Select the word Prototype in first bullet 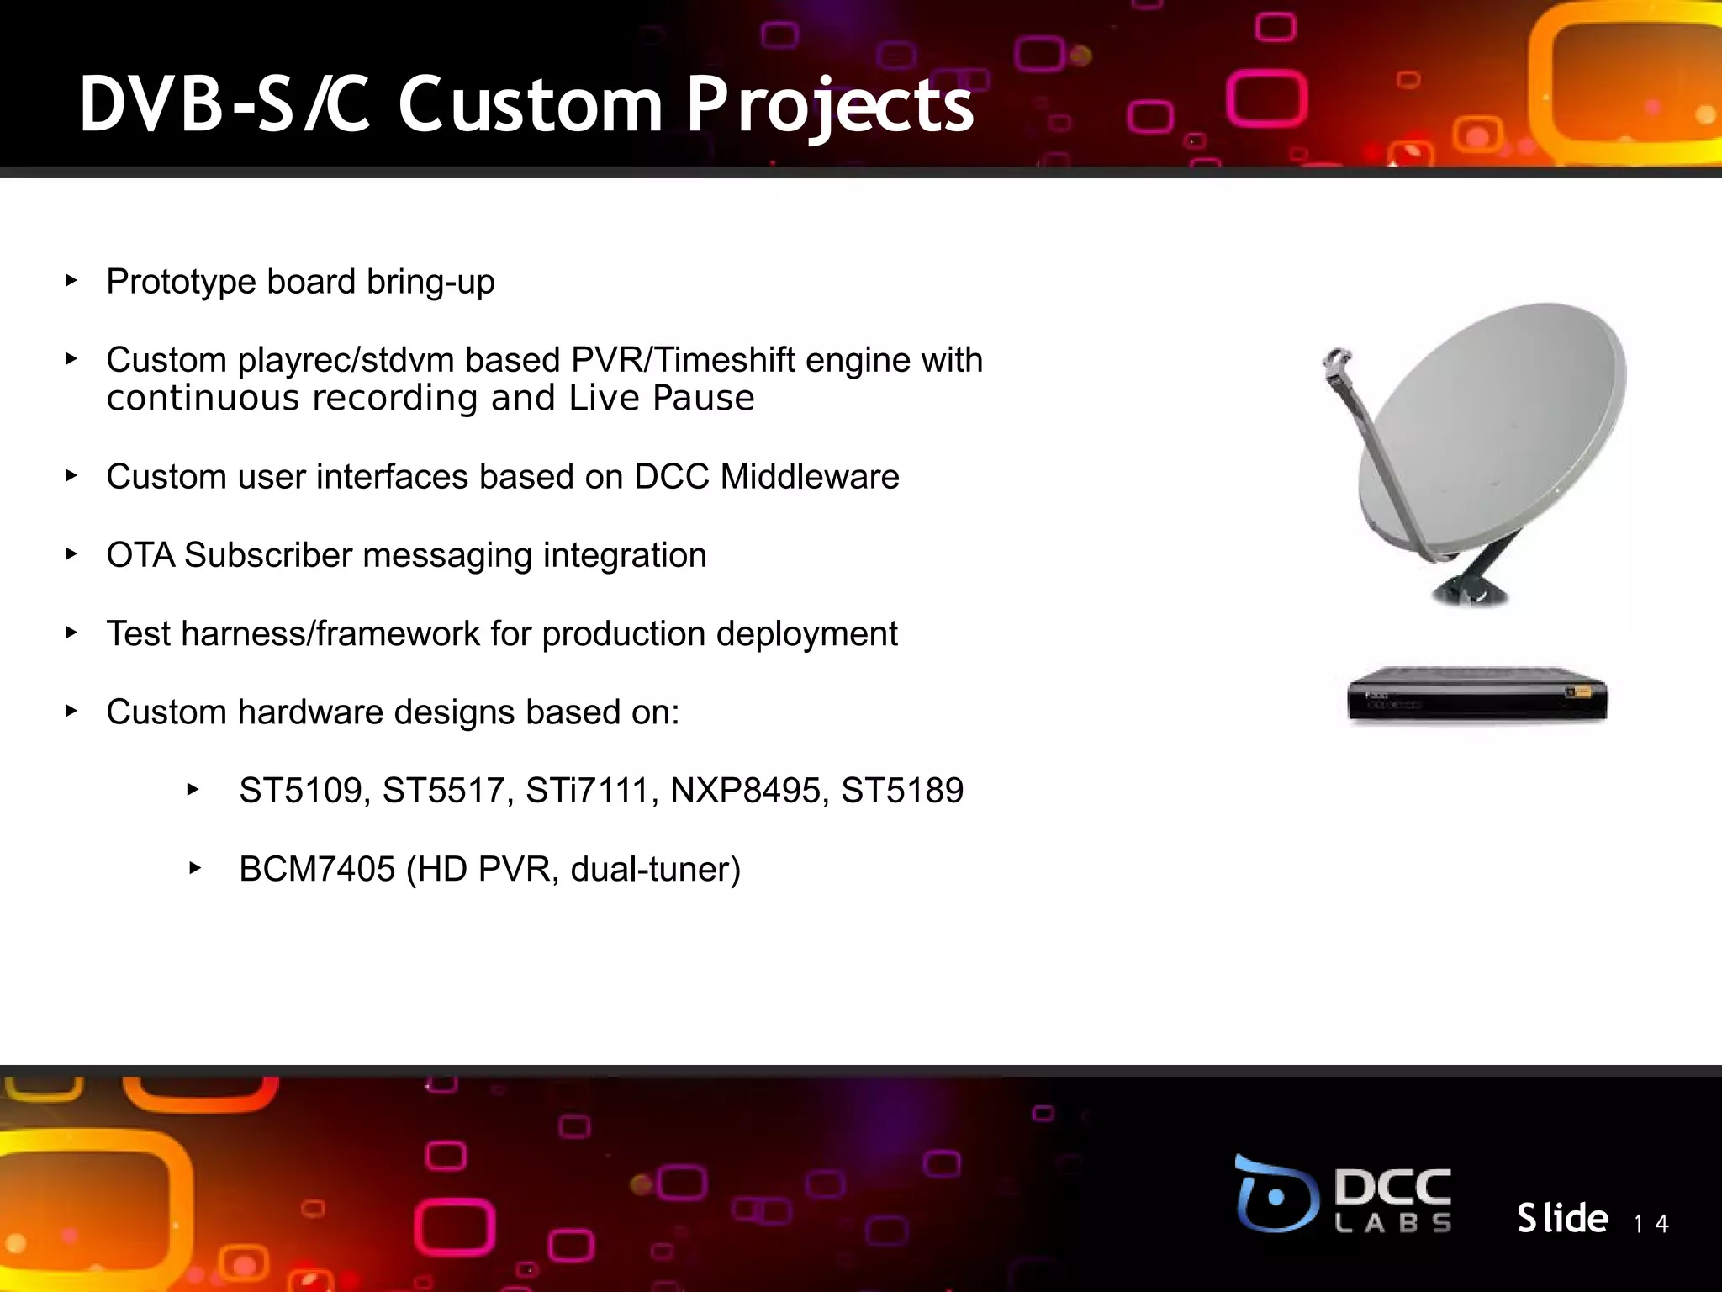pyautogui.click(x=180, y=283)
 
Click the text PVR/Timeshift pyautogui.click(x=683, y=360)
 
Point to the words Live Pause pyautogui.click(x=662, y=398)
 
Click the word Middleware pyautogui.click(x=810, y=477)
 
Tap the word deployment pyautogui.click(x=806, y=634)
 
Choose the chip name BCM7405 pyautogui.click(x=317, y=869)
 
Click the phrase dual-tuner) pyautogui.click(x=656, y=869)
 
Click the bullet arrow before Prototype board pyautogui.click(x=71, y=280)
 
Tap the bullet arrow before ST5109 pyautogui.click(x=193, y=789)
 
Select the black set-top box pyautogui.click(x=1476, y=695)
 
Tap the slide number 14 pyautogui.click(x=1651, y=1223)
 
